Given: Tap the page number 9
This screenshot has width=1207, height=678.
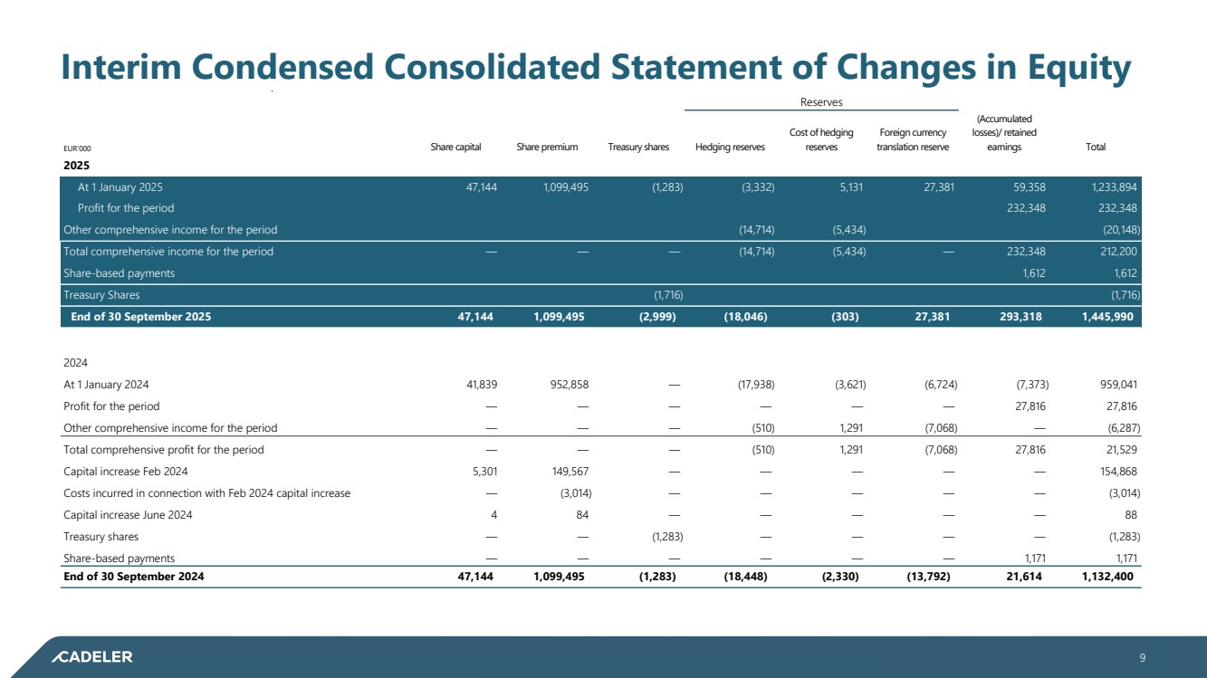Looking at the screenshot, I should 1143,658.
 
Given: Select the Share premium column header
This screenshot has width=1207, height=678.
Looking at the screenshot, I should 547,148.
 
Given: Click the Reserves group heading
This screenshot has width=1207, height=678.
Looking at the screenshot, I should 821,102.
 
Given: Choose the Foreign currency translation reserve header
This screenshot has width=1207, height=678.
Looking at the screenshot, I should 913,140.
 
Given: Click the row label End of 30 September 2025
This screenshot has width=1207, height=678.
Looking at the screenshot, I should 140,317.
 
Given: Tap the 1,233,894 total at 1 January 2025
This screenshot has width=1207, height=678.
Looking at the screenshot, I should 1109,187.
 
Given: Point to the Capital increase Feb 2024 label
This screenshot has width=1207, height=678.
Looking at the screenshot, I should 126,471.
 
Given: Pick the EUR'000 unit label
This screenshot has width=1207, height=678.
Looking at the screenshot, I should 77,148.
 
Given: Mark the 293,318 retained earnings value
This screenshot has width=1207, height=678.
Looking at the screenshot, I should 1016,317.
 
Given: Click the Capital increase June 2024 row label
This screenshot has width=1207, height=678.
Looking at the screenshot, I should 128,515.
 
